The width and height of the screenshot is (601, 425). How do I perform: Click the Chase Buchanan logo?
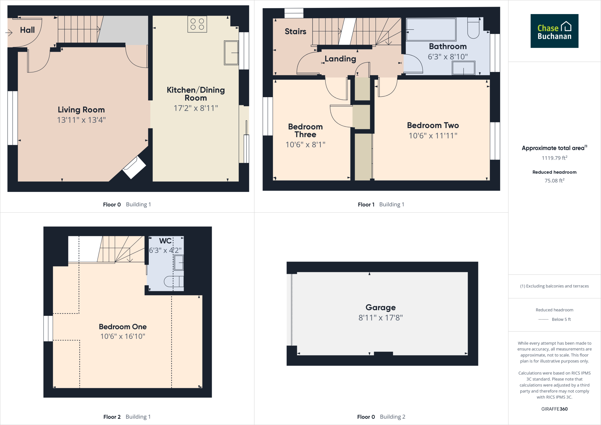(554, 31)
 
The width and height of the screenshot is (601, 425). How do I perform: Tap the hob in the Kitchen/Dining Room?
(197, 24)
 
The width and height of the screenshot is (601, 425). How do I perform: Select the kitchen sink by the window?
(231, 53)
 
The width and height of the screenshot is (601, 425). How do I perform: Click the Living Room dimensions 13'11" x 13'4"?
(81, 120)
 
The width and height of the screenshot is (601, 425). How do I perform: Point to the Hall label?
(27, 30)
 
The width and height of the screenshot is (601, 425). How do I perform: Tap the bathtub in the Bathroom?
(431, 29)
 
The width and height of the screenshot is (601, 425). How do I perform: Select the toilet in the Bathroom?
(473, 28)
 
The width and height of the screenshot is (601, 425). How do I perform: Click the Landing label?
(340, 59)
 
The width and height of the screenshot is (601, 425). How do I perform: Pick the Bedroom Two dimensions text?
(433, 136)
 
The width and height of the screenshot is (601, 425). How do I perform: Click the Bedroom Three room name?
(305, 131)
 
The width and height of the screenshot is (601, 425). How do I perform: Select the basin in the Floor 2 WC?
(179, 262)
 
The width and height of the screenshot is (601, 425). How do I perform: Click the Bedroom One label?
(123, 327)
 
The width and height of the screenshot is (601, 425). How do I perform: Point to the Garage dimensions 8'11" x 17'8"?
(380, 318)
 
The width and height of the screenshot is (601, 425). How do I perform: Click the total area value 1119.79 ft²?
(554, 158)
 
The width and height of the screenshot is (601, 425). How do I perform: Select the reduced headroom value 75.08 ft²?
(554, 181)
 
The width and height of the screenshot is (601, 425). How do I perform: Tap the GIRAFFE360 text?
(554, 409)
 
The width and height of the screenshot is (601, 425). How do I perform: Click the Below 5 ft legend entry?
(561, 319)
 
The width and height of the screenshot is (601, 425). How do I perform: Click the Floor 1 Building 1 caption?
(381, 205)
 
